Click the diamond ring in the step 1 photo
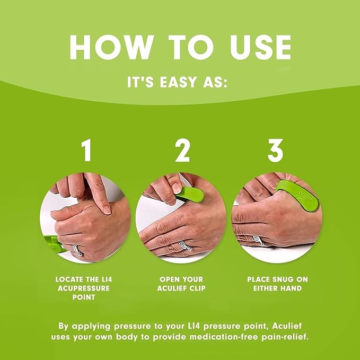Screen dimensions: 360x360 (77, 249)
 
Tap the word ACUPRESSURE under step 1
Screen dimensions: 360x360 (86, 288)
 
